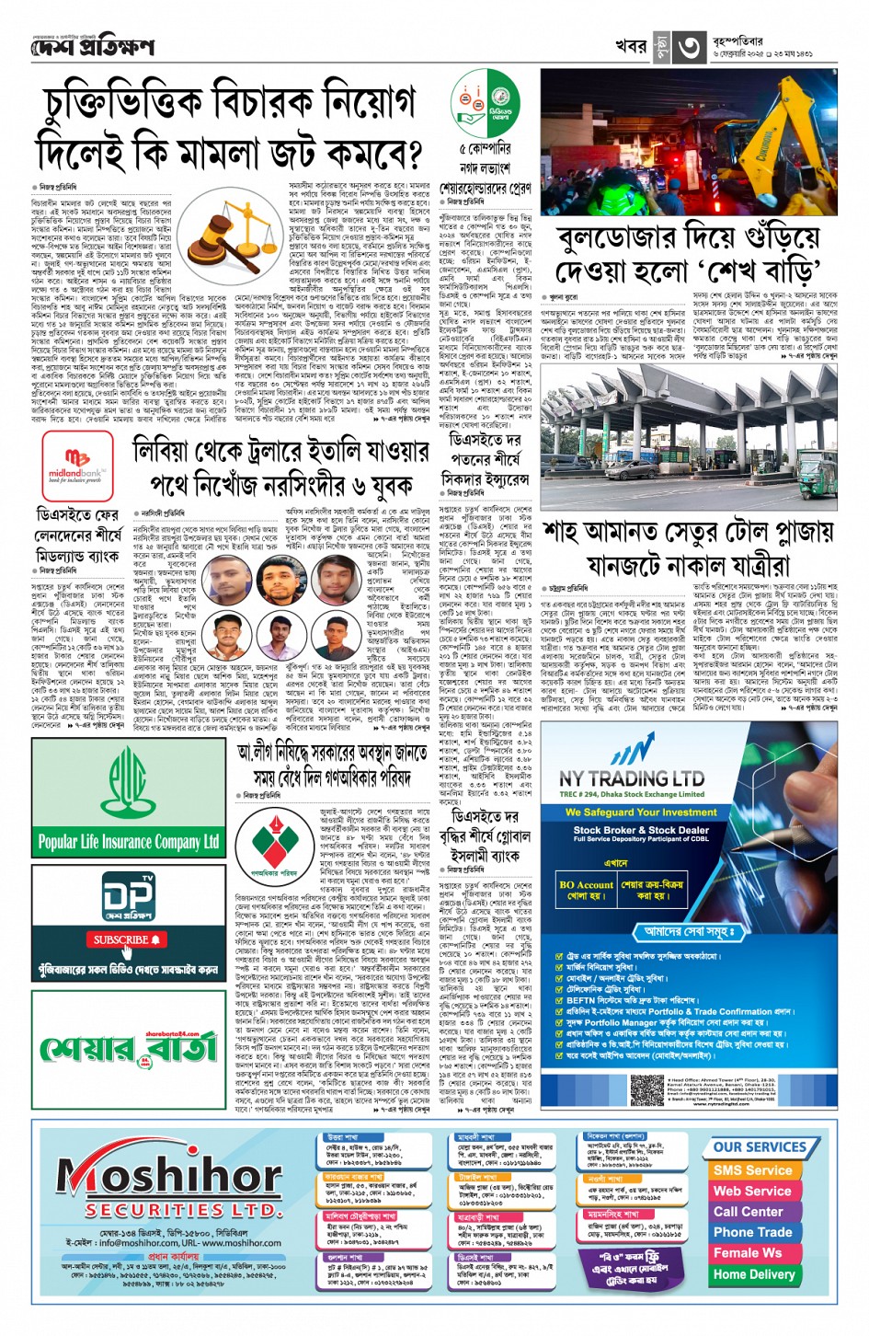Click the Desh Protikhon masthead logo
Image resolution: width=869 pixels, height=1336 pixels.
(x=92, y=45)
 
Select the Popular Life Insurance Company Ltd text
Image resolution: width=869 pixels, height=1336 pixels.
(x=128, y=841)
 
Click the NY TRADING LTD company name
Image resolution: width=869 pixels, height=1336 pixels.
(x=632, y=778)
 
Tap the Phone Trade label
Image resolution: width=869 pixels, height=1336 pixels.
(x=752, y=1232)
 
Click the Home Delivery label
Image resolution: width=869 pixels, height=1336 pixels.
(x=753, y=1274)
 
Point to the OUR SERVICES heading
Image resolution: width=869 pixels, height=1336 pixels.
(x=760, y=1147)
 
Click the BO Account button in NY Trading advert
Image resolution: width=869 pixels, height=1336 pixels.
(x=586, y=890)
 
